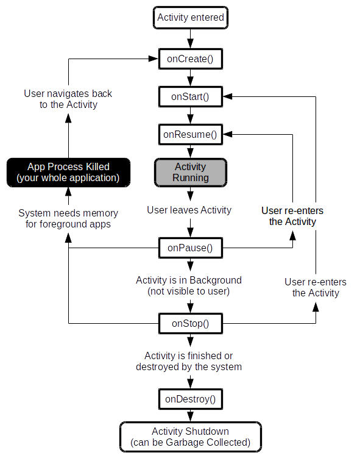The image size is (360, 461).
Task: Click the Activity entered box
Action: click(191, 18)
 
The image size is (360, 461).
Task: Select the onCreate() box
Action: click(191, 59)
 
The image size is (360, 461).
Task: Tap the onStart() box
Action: click(191, 97)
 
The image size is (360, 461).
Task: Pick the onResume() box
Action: click(191, 134)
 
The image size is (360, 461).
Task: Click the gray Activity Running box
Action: click(191, 173)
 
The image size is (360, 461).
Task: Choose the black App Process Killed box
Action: click(68, 173)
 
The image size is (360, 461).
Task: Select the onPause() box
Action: click(191, 248)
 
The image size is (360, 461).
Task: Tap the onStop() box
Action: click(191, 323)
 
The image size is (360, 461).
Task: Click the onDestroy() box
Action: click(191, 399)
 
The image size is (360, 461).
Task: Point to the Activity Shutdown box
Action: click(191, 437)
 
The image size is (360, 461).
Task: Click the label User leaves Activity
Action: click(189, 210)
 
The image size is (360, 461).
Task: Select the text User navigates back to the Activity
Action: click(68, 99)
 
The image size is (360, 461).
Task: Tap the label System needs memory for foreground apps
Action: click(68, 218)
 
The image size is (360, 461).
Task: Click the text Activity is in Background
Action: click(189, 280)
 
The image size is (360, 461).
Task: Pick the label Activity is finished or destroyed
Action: click(189, 361)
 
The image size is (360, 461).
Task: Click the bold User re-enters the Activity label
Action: click(292, 216)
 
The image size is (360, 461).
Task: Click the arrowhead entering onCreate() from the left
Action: click(154, 59)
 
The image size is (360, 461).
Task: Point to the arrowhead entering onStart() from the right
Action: click(228, 96)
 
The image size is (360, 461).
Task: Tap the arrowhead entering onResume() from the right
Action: click(228, 134)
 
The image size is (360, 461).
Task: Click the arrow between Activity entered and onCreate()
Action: click(191, 39)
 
